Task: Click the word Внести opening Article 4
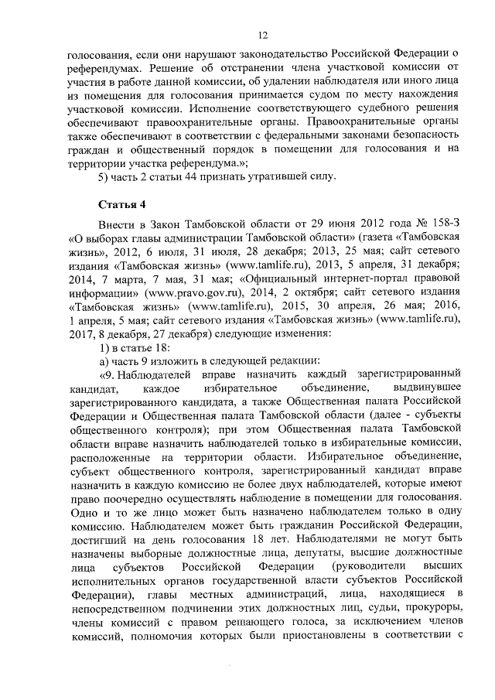click(116, 224)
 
